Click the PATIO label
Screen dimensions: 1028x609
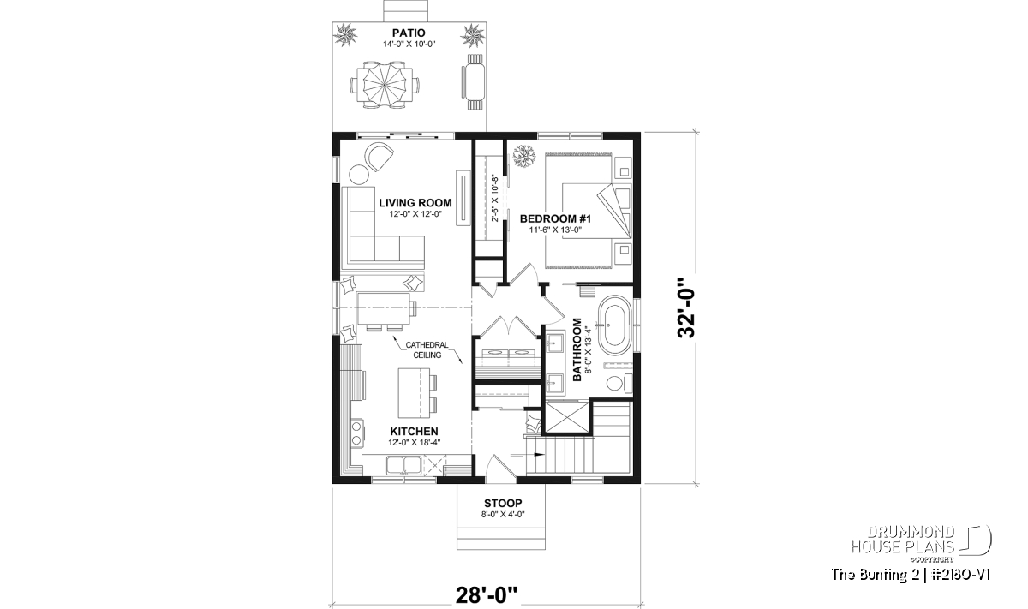pos(409,33)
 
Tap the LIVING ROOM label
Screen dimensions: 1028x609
pos(415,203)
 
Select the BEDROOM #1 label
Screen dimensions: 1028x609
pos(555,219)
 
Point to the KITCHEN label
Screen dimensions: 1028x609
pos(414,432)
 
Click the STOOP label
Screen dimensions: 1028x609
pos(503,504)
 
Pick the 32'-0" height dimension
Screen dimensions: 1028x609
pos(687,307)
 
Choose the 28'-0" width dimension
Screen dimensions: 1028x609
pos(487,595)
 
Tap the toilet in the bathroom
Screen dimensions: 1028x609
pos(619,383)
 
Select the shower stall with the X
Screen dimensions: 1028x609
pos(566,418)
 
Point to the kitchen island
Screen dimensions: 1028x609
pos(414,393)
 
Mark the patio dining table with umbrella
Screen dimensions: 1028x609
pos(385,85)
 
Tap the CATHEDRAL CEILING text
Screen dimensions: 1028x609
pos(427,349)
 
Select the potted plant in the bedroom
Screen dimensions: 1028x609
pos(524,156)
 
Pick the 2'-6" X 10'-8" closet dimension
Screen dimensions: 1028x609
pos(495,198)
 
